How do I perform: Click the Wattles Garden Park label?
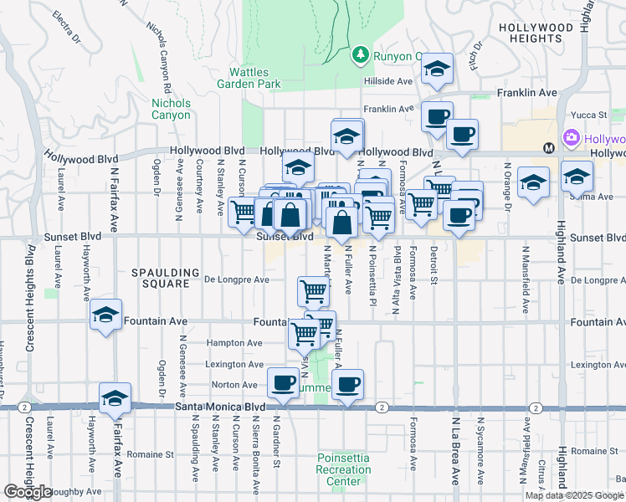pos(249,78)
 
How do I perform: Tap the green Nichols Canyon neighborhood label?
pos(171,109)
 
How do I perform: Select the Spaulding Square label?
pos(165,278)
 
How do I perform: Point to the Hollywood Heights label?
pos(541,33)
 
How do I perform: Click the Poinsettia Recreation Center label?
pos(344,469)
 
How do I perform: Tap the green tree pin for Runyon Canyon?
pos(361,54)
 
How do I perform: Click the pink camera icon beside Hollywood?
pos(572,137)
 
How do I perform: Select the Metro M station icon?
pos(549,148)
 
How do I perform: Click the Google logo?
pos(28,492)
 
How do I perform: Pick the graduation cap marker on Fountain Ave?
pos(105,315)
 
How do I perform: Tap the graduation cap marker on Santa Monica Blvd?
pos(115,398)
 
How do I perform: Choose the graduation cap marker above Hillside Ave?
pos(436,69)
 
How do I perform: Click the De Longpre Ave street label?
pos(237,279)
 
